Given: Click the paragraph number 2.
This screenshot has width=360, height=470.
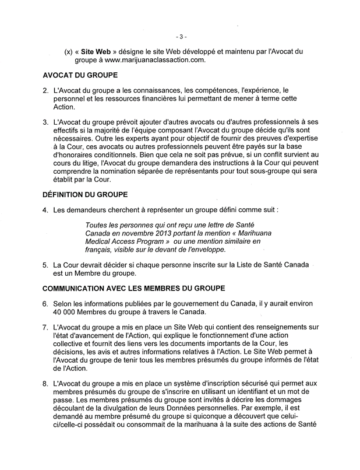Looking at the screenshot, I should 45,92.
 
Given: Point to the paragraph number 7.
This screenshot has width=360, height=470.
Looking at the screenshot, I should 45,329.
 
